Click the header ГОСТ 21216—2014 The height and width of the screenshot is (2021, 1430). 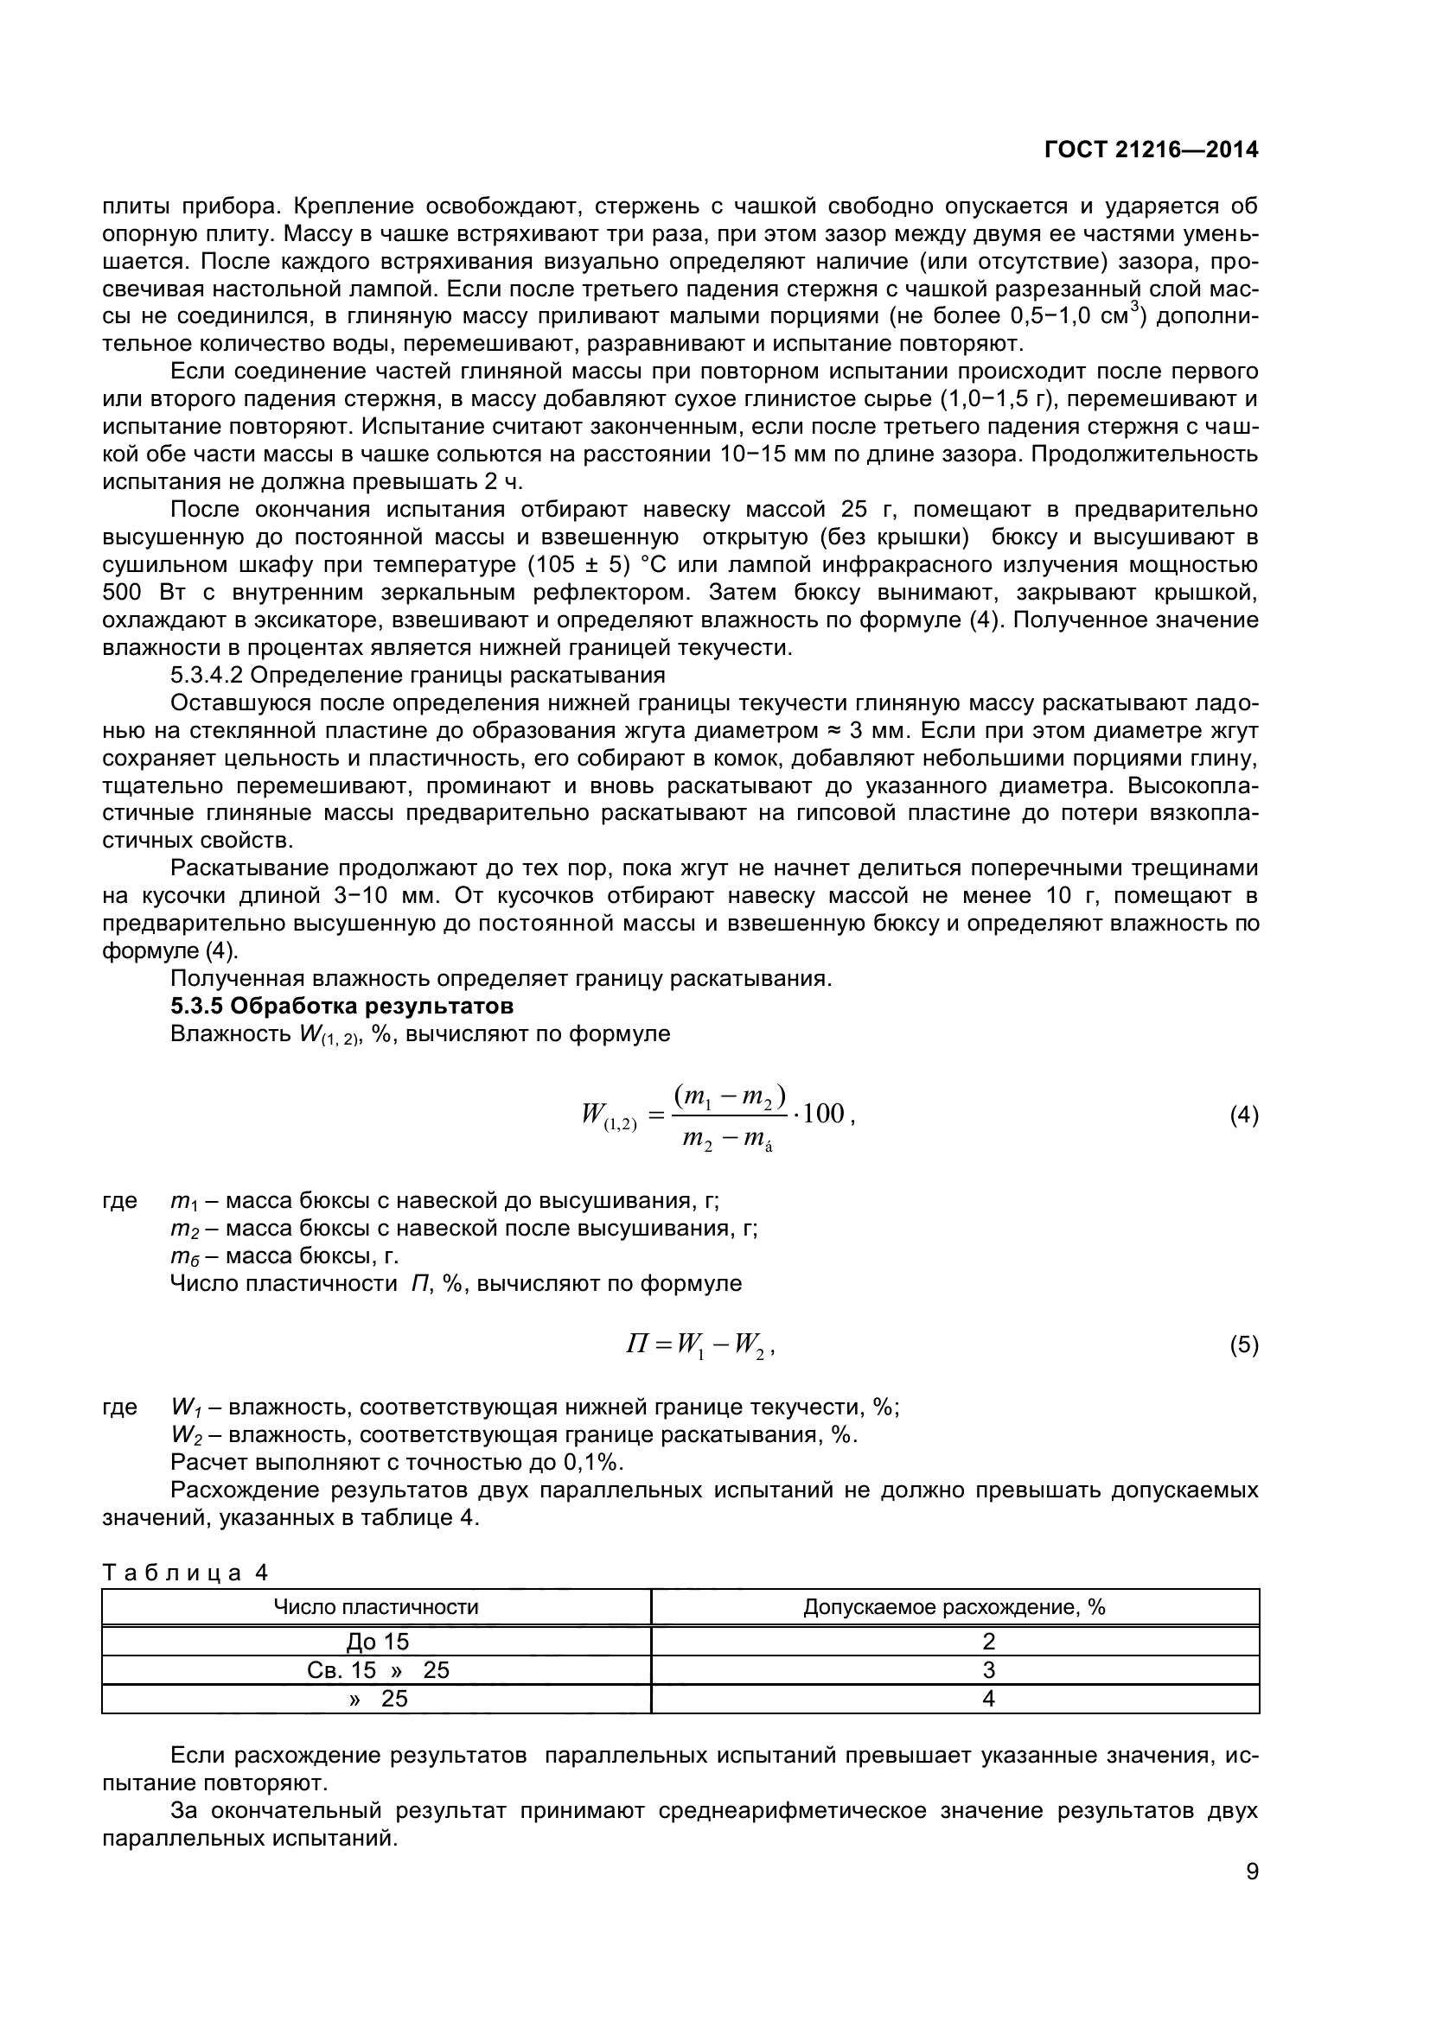[1151, 149]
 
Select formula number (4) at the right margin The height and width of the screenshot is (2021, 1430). [1243, 1116]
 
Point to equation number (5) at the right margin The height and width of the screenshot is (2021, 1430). [1243, 1345]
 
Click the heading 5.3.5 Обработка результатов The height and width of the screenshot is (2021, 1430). [342, 1005]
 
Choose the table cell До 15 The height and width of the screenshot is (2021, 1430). [378, 1642]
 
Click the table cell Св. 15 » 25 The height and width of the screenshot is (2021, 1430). [378, 1670]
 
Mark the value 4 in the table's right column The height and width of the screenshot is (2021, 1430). [988, 1698]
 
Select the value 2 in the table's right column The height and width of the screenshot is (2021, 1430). [988, 1642]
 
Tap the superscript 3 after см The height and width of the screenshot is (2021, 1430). [1135, 308]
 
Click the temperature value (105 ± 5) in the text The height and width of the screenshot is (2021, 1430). [578, 564]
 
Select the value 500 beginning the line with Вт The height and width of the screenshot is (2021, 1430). [122, 593]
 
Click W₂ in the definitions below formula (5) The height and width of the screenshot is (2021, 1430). [186, 1435]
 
